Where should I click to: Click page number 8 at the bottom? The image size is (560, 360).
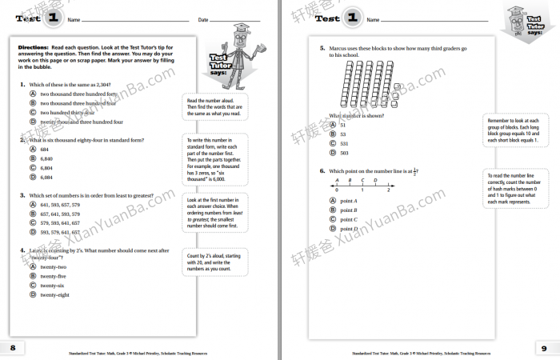tap(12, 347)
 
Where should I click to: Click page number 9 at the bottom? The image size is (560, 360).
tap(544, 347)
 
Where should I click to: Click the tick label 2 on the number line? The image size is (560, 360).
tap(389, 190)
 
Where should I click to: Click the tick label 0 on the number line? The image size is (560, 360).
tap(337, 190)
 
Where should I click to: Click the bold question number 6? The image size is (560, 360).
tap(322, 170)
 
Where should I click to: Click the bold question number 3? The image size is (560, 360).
tap(22, 194)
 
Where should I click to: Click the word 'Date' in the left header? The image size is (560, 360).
tap(202, 19)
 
